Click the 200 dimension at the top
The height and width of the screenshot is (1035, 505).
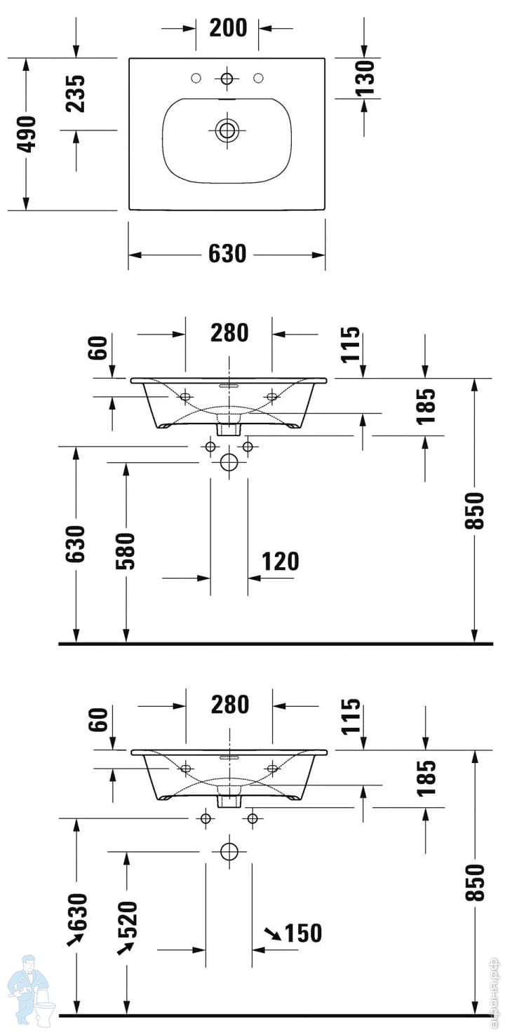[228, 28]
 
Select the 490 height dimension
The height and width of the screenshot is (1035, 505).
[26, 134]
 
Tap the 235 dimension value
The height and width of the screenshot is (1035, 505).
[75, 94]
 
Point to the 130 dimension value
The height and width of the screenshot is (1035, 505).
[365, 78]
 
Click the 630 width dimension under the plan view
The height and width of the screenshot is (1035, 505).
[227, 254]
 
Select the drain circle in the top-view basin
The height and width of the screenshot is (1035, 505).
[227, 130]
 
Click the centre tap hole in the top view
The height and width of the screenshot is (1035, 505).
[227, 79]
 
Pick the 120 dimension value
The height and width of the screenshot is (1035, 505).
[281, 562]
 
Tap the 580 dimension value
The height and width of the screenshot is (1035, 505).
[126, 550]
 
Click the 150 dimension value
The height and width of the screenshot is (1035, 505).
[303, 933]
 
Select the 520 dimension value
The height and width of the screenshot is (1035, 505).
[128, 919]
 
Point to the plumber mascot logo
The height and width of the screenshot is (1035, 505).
[31, 994]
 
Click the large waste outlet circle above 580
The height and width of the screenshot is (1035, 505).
[229, 462]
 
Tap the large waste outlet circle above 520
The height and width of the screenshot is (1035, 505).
[229, 851]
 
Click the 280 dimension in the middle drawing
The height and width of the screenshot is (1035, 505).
[229, 332]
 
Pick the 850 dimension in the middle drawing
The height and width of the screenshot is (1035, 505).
[475, 510]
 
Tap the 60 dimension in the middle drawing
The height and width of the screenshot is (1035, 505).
[97, 348]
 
